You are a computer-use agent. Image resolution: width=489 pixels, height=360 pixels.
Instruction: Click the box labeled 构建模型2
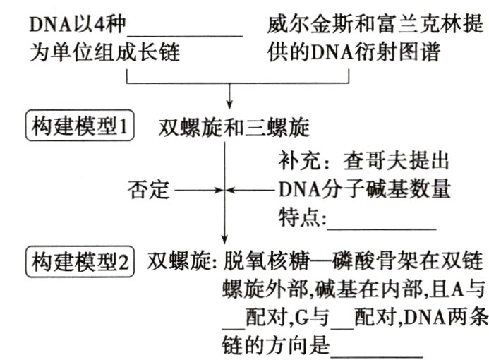coord(79,262)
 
